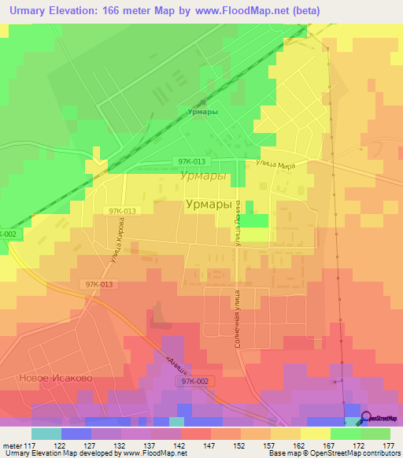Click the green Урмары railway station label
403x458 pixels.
202,112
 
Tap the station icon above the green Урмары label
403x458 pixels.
203,102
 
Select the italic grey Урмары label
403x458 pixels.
203,176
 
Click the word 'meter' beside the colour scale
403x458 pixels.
10,445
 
